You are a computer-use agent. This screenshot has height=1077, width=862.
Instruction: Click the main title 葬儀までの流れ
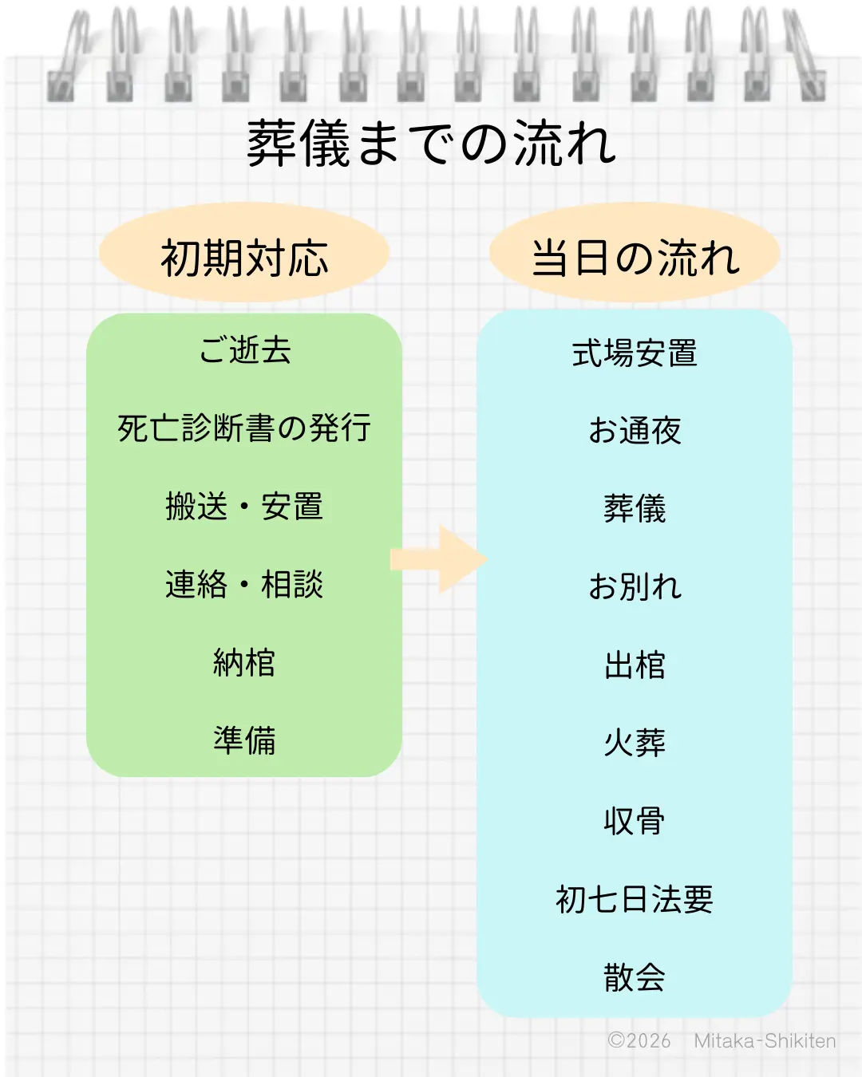click(431, 144)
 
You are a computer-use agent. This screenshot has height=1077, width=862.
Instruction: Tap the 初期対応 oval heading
click(244, 257)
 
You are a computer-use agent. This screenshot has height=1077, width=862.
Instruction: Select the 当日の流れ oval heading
click(635, 257)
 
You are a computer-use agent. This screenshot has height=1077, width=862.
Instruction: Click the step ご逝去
click(244, 350)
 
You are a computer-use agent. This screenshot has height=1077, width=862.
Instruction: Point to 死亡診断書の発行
click(244, 428)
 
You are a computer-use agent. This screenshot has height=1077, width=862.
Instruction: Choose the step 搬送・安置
click(244, 507)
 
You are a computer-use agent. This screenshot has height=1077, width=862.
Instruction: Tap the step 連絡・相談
click(244, 585)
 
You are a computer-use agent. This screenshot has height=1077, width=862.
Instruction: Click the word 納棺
click(244, 663)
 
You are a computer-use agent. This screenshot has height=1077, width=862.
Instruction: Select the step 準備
click(244, 740)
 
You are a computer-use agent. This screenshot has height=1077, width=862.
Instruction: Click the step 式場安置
click(635, 353)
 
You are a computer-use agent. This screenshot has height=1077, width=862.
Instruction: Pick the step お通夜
click(635, 431)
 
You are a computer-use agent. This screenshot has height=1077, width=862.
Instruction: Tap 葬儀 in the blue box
click(635, 509)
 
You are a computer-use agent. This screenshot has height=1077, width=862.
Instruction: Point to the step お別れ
click(635, 587)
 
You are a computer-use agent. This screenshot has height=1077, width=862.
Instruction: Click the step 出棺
click(635, 665)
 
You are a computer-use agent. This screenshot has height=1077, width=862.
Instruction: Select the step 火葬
click(635, 743)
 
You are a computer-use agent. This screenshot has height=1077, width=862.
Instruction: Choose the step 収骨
click(635, 821)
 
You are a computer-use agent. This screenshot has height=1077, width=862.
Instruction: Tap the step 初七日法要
click(635, 899)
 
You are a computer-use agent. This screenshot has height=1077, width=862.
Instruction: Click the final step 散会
click(635, 977)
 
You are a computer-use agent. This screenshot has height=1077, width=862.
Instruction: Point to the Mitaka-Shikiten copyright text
click(722, 1041)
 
